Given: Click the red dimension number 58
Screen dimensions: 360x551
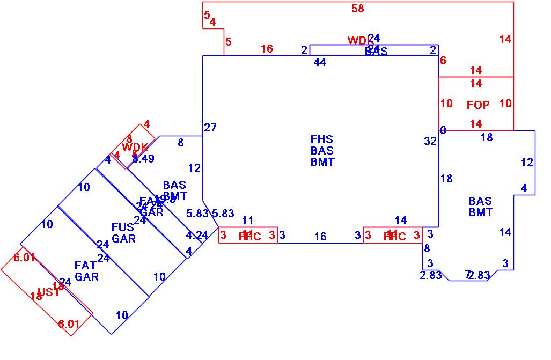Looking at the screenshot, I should (358, 8).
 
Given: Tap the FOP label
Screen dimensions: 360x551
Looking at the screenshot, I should (478, 105).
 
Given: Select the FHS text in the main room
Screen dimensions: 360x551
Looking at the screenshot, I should (322, 140).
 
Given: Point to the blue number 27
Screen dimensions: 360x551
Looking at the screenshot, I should (210, 128).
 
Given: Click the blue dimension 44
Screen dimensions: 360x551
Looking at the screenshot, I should (320, 63).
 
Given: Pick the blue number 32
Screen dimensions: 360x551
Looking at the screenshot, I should (430, 141).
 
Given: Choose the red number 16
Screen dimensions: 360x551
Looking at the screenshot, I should (267, 49).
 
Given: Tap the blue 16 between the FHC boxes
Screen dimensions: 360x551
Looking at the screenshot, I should (320, 237).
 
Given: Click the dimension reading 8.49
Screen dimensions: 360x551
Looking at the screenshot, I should (143, 159).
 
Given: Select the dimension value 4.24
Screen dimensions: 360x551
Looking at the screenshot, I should (197, 235).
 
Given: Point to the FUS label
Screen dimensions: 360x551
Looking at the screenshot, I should (123, 227).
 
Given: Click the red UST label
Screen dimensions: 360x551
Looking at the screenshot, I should (48, 292).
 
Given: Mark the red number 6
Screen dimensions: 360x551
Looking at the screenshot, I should (443, 61).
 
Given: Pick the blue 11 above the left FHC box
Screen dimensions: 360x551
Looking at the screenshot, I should (247, 220).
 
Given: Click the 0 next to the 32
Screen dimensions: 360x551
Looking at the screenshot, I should (443, 130).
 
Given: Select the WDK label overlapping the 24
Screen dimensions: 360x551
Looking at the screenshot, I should (361, 41).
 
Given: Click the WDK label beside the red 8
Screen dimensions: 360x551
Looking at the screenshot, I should (134, 148).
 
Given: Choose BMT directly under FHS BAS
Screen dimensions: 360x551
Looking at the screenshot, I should (322, 162).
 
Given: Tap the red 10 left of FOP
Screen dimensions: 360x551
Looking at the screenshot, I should (446, 104).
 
